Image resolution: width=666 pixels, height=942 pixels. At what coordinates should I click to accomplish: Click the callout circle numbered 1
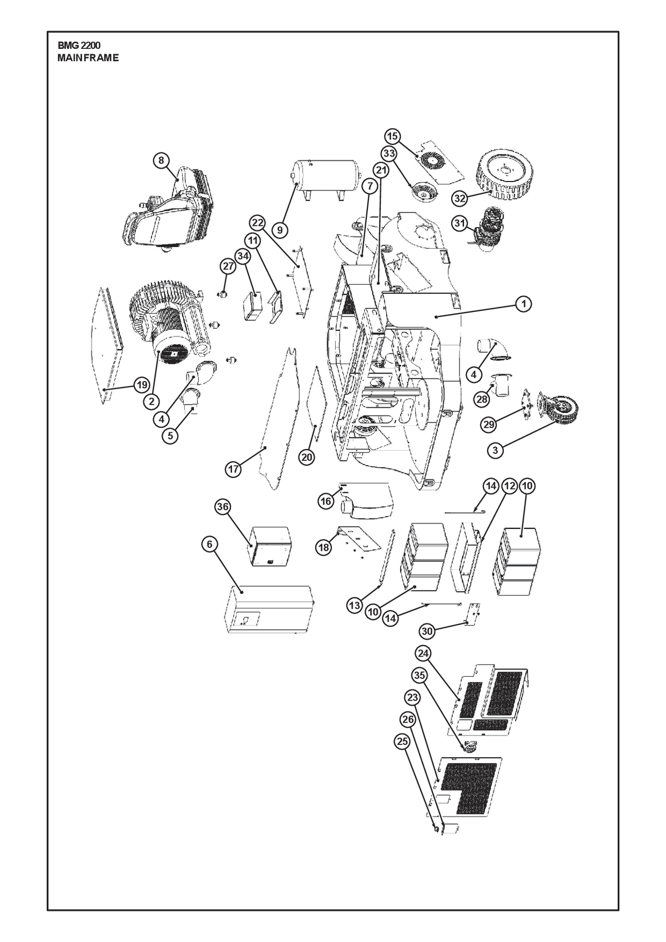(x=523, y=304)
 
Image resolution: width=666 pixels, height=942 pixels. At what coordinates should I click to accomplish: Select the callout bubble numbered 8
(x=161, y=160)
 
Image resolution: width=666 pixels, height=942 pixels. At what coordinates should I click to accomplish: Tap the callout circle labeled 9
(x=280, y=230)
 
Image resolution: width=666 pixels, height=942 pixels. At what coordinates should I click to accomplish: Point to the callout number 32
(x=461, y=198)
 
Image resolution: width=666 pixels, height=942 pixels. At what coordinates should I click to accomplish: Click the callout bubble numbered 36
(x=223, y=507)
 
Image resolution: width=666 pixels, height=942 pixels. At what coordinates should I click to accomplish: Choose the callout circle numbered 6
(x=210, y=544)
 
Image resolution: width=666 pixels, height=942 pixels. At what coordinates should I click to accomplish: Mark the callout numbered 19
(x=142, y=384)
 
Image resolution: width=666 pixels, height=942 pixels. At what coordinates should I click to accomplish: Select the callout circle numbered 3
(x=495, y=450)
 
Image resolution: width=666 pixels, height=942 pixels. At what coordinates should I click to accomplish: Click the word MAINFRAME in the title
(x=88, y=58)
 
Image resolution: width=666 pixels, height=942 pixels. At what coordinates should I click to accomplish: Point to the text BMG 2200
(x=79, y=46)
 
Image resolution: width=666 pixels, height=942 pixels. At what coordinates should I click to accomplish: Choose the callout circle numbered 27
(x=228, y=266)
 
